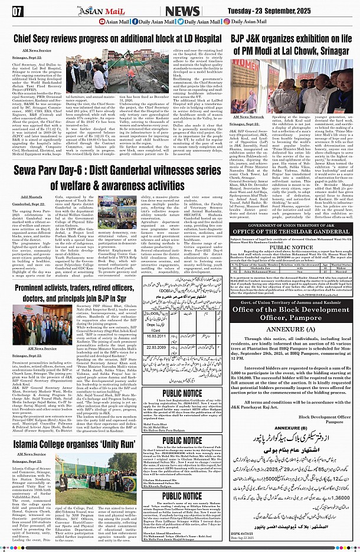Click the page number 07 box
pos(17,11)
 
